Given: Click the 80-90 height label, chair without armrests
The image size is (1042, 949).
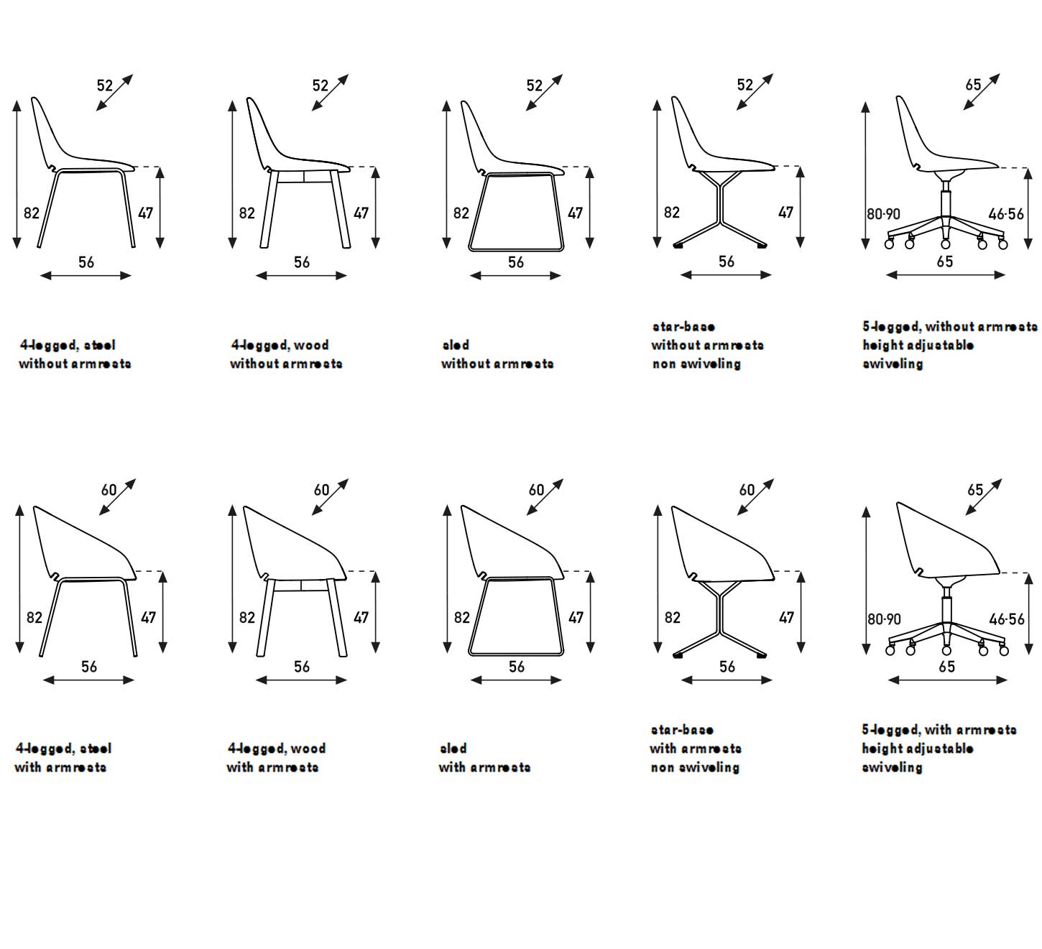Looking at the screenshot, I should tap(883, 214).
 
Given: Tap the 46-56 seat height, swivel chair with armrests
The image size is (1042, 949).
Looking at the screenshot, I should tap(1006, 619).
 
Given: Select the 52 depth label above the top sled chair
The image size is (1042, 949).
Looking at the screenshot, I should tap(534, 85).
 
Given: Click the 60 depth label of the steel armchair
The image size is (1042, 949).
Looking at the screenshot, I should tap(109, 490).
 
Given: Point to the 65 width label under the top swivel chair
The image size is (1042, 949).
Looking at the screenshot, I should tap(944, 261).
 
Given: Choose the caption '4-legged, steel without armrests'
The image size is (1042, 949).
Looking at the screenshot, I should tap(75, 354).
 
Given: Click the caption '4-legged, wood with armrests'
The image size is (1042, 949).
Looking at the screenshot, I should tap(276, 758).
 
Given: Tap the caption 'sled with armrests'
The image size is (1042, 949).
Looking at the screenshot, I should tap(484, 758).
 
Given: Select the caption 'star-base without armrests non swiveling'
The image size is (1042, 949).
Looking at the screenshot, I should tap(707, 345).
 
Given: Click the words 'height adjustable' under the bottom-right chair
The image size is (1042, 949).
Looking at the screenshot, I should tap(918, 749).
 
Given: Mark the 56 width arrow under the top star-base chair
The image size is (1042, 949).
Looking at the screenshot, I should tap(726, 275).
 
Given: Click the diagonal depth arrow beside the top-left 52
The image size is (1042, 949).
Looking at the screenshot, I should tap(115, 92).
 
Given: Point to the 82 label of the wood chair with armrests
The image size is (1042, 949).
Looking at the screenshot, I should tap(246, 618).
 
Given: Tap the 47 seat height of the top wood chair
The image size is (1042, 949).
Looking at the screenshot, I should tap(361, 213).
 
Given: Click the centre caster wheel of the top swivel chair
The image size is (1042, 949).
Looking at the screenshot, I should tap(945, 244).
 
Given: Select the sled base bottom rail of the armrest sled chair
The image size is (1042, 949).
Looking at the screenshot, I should tap(515, 654).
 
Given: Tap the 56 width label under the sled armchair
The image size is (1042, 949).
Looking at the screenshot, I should tap(516, 667).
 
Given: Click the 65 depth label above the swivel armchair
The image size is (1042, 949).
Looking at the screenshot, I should tap(974, 490).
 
